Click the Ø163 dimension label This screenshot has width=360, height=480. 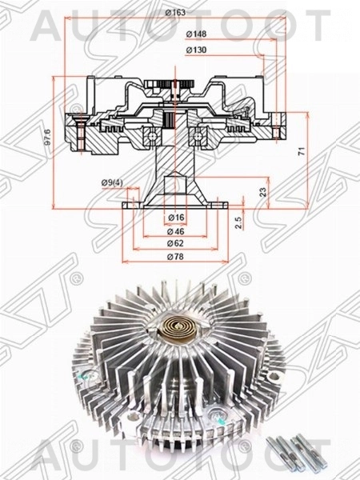(175, 12)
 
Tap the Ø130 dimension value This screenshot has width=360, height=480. (195, 50)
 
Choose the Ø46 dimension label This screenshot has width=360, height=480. (177, 230)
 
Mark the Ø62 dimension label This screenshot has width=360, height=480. (177, 242)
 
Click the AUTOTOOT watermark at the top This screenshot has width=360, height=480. (180, 26)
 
